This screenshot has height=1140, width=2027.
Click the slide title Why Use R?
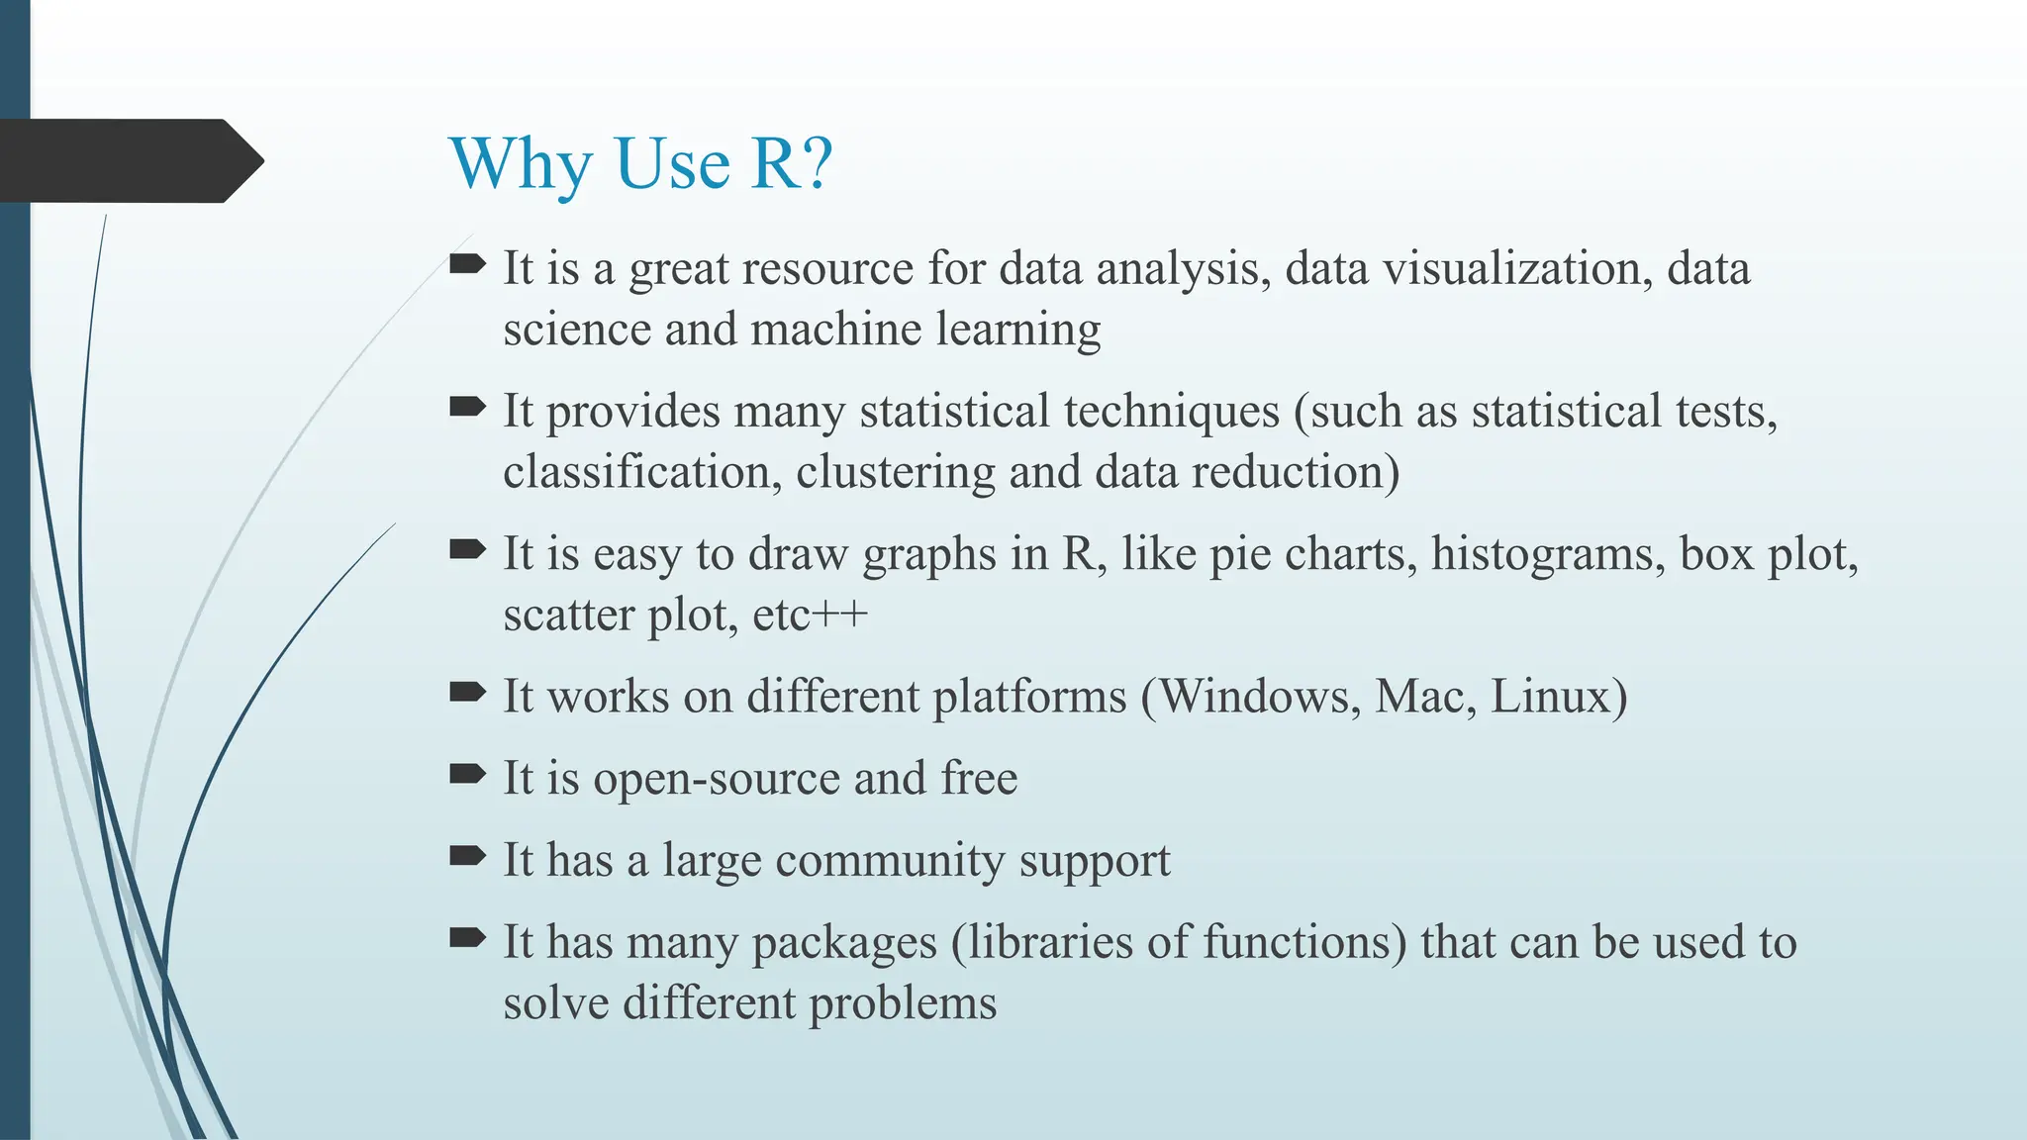pos(640,163)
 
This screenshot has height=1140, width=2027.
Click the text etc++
pos(810,616)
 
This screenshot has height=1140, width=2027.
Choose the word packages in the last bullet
pos(843,943)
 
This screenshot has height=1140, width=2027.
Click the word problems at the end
pos(903,1003)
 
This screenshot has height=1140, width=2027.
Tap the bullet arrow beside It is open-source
pos(467,774)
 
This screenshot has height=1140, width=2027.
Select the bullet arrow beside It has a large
pos(467,856)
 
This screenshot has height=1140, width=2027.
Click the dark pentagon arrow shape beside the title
pos(129,161)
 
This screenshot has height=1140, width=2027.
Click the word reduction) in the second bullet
pos(1297,472)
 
